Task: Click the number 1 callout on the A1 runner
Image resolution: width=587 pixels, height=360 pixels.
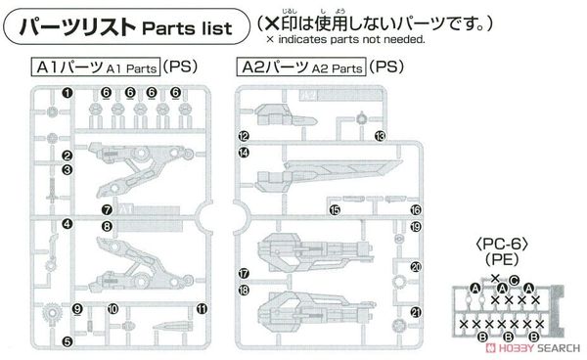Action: coord(68,93)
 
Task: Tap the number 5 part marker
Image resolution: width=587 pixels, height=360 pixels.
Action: coord(68,340)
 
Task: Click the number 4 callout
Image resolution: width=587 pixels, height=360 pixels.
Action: coord(68,224)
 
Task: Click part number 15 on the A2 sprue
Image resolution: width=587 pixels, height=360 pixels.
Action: coord(334,209)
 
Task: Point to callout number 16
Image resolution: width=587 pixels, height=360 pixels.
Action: coord(415,209)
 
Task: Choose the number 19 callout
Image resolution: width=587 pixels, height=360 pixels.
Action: coord(415,226)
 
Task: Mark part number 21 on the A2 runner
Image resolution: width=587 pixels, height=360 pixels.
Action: coord(415,312)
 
